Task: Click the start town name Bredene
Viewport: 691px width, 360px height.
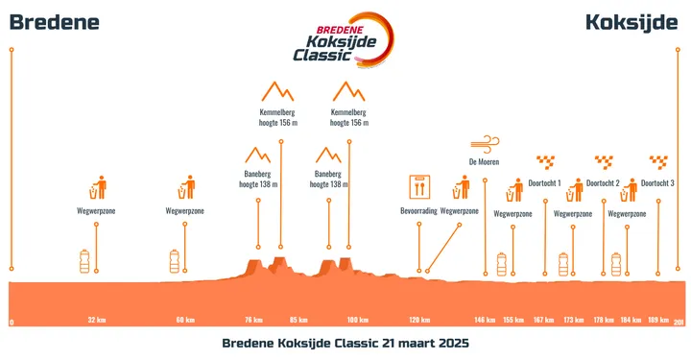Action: click(54, 22)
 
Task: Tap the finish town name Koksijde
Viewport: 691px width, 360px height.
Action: click(631, 22)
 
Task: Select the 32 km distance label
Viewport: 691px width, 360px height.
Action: click(96, 320)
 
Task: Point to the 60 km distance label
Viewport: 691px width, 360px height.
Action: click(185, 320)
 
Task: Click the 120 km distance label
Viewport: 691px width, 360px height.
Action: click(419, 320)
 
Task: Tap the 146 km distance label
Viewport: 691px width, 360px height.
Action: click(485, 320)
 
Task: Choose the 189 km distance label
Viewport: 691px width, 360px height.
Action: click(658, 320)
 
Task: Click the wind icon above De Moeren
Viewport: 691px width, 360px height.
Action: click(485, 143)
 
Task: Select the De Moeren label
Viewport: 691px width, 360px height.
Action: click(485, 161)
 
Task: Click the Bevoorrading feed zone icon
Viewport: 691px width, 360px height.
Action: click(419, 185)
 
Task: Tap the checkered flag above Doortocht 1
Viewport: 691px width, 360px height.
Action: click(545, 161)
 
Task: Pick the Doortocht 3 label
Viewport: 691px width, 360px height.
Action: click(658, 182)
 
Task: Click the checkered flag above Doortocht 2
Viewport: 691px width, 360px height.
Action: click(604, 161)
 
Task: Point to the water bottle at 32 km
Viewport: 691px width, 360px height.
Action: click(86, 260)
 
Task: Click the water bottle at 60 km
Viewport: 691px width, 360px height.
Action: click(175, 260)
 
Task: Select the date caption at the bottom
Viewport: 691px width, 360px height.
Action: click(345, 343)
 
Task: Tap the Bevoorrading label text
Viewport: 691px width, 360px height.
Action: click(419, 210)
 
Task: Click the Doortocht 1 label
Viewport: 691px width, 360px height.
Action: click(545, 182)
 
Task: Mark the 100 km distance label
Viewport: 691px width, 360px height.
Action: click(358, 320)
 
